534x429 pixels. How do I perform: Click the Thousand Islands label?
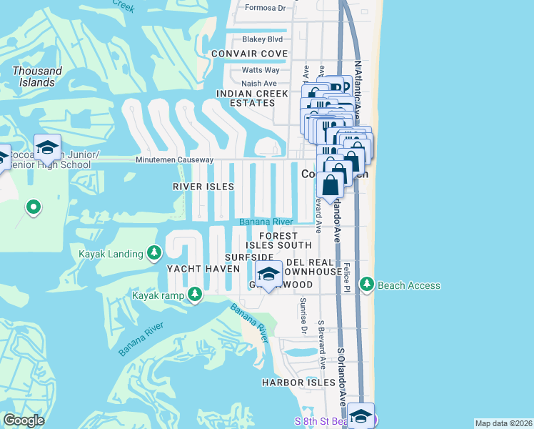(x=37, y=77)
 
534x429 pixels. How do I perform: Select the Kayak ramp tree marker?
(x=194, y=295)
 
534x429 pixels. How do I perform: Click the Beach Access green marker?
(x=367, y=285)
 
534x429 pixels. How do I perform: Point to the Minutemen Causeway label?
(x=174, y=159)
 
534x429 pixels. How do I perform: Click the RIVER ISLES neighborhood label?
(x=203, y=187)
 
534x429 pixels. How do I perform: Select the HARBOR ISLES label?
(x=298, y=383)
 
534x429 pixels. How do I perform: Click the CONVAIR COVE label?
(x=250, y=54)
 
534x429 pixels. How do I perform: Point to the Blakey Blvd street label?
(x=262, y=39)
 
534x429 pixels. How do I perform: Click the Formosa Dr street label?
(x=265, y=8)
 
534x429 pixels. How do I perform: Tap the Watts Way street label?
(x=261, y=70)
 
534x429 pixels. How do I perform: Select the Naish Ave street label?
(x=259, y=84)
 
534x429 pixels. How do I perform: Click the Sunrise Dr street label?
(x=303, y=316)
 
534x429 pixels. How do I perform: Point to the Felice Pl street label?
(x=346, y=274)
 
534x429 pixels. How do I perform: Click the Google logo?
(x=24, y=420)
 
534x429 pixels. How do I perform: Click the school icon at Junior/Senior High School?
(x=47, y=147)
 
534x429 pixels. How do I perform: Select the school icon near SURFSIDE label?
(x=268, y=274)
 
